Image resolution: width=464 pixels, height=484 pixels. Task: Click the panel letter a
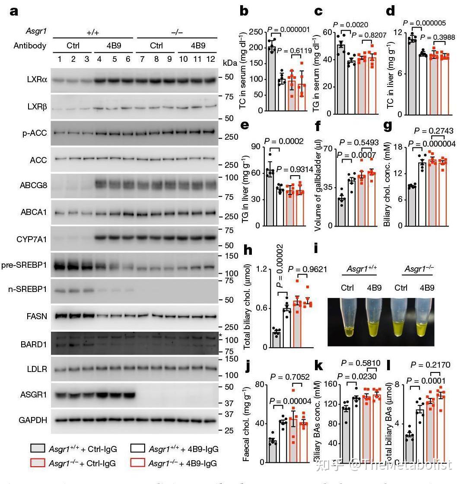(x=14, y=11)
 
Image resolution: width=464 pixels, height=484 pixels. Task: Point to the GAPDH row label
(x=33, y=420)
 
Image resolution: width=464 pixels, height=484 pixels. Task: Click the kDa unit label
(x=230, y=63)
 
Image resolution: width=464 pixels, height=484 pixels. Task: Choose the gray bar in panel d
(x=412, y=76)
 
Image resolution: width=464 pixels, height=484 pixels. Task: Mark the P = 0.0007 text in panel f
(x=356, y=155)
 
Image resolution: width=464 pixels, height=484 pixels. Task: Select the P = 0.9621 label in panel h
(x=307, y=269)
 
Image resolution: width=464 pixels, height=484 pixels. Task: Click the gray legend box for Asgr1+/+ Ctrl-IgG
(x=38, y=449)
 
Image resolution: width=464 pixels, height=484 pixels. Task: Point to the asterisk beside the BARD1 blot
(x=220, y=336)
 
